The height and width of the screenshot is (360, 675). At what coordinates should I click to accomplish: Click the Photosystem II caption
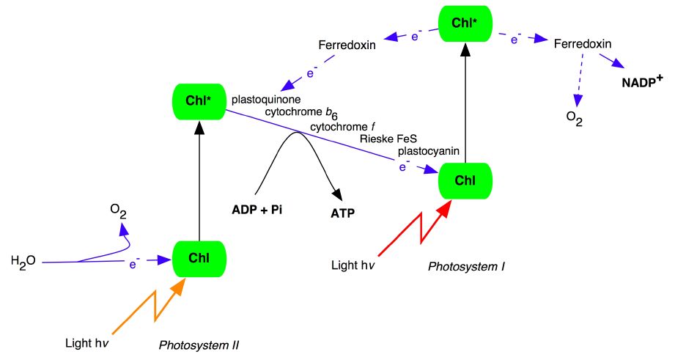(x=199, y=345)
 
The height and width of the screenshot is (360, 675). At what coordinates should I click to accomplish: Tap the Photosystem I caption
(x=467, y=266)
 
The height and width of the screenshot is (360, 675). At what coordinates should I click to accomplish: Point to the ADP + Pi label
(x=257, y=209)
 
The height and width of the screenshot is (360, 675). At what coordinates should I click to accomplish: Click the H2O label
(x=22, y=260)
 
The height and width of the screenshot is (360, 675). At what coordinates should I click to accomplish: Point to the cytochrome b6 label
(x=303, y=112)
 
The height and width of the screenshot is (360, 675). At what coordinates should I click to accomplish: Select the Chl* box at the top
(x=465, y=22)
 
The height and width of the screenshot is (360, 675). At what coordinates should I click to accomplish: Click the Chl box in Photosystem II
(x=199, y=257)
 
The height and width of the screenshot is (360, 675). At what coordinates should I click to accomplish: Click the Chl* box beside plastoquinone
(x=199, y=102)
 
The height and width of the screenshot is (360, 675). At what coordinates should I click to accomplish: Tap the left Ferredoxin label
(x=347, y=45)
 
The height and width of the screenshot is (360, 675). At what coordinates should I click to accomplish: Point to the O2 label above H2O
(x=118, y=211)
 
